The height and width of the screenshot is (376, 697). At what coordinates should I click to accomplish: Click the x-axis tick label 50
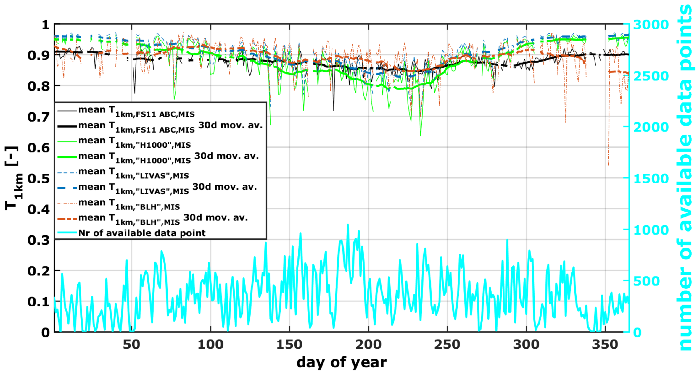131,345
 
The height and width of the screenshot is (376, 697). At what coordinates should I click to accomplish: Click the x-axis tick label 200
368,345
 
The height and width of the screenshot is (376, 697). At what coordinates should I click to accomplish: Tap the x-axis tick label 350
605,345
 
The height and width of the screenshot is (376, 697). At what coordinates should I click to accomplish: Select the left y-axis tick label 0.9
38,55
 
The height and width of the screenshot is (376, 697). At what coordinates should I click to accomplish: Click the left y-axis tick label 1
45,25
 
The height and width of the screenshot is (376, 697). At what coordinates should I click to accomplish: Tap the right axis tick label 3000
651,25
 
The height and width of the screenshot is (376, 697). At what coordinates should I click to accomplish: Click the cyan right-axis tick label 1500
651,178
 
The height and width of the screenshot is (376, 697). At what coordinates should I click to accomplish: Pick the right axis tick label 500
646,281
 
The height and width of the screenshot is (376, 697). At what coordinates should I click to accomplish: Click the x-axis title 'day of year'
341,362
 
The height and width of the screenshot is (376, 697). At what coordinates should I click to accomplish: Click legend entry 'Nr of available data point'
141,233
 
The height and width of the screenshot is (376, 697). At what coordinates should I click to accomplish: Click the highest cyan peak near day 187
348,225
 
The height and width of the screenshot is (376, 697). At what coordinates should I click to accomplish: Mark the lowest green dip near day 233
421,135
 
